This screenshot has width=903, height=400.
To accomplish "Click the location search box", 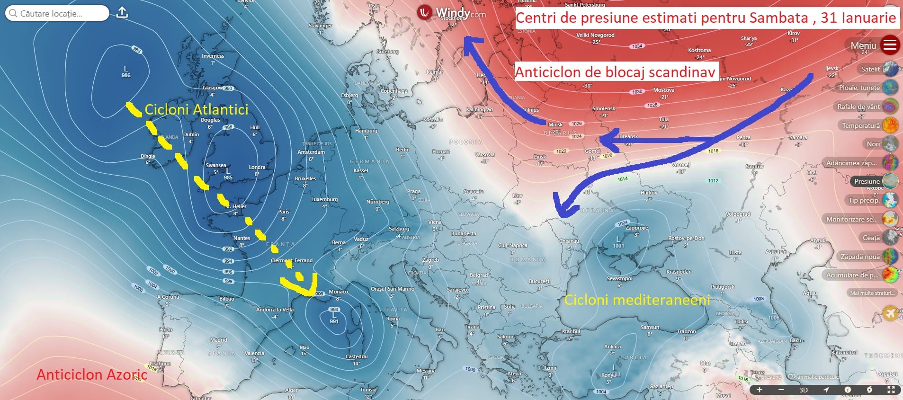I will [57, 13].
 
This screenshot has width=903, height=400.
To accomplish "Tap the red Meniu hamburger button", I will [890, 45].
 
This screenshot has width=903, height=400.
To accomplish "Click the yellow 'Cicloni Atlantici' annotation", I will [196, 110].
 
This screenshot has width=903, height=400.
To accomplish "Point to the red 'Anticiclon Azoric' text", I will [92, 374].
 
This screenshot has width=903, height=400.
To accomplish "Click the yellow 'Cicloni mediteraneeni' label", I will [637, 300].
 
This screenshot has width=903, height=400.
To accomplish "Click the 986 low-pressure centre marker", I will [126, 72].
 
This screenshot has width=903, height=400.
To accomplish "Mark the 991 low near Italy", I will [334, 318].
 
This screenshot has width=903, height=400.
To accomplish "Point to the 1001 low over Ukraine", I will [618, 242].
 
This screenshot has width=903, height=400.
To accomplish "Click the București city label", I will [539, 281].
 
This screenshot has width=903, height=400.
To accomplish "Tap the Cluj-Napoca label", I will [512, 245].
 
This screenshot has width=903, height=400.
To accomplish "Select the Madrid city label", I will [218, 340].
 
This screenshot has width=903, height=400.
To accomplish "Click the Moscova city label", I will [663, 90].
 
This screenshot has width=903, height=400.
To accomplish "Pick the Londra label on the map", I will [257, 167].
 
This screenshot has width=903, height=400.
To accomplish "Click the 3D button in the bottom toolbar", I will [803, 390].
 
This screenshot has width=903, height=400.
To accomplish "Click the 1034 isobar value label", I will [637, 46].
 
